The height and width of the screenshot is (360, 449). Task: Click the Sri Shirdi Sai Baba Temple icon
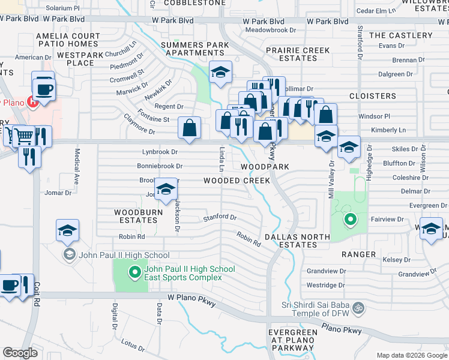pos(358,307)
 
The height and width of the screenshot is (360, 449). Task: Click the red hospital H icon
pos(34,101)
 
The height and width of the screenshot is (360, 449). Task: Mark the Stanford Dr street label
pos(220,217)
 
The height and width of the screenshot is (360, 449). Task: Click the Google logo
pos(20,353)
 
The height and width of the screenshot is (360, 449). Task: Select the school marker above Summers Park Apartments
pos(220,73)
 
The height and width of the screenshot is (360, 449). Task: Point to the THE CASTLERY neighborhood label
pos(400,35)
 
